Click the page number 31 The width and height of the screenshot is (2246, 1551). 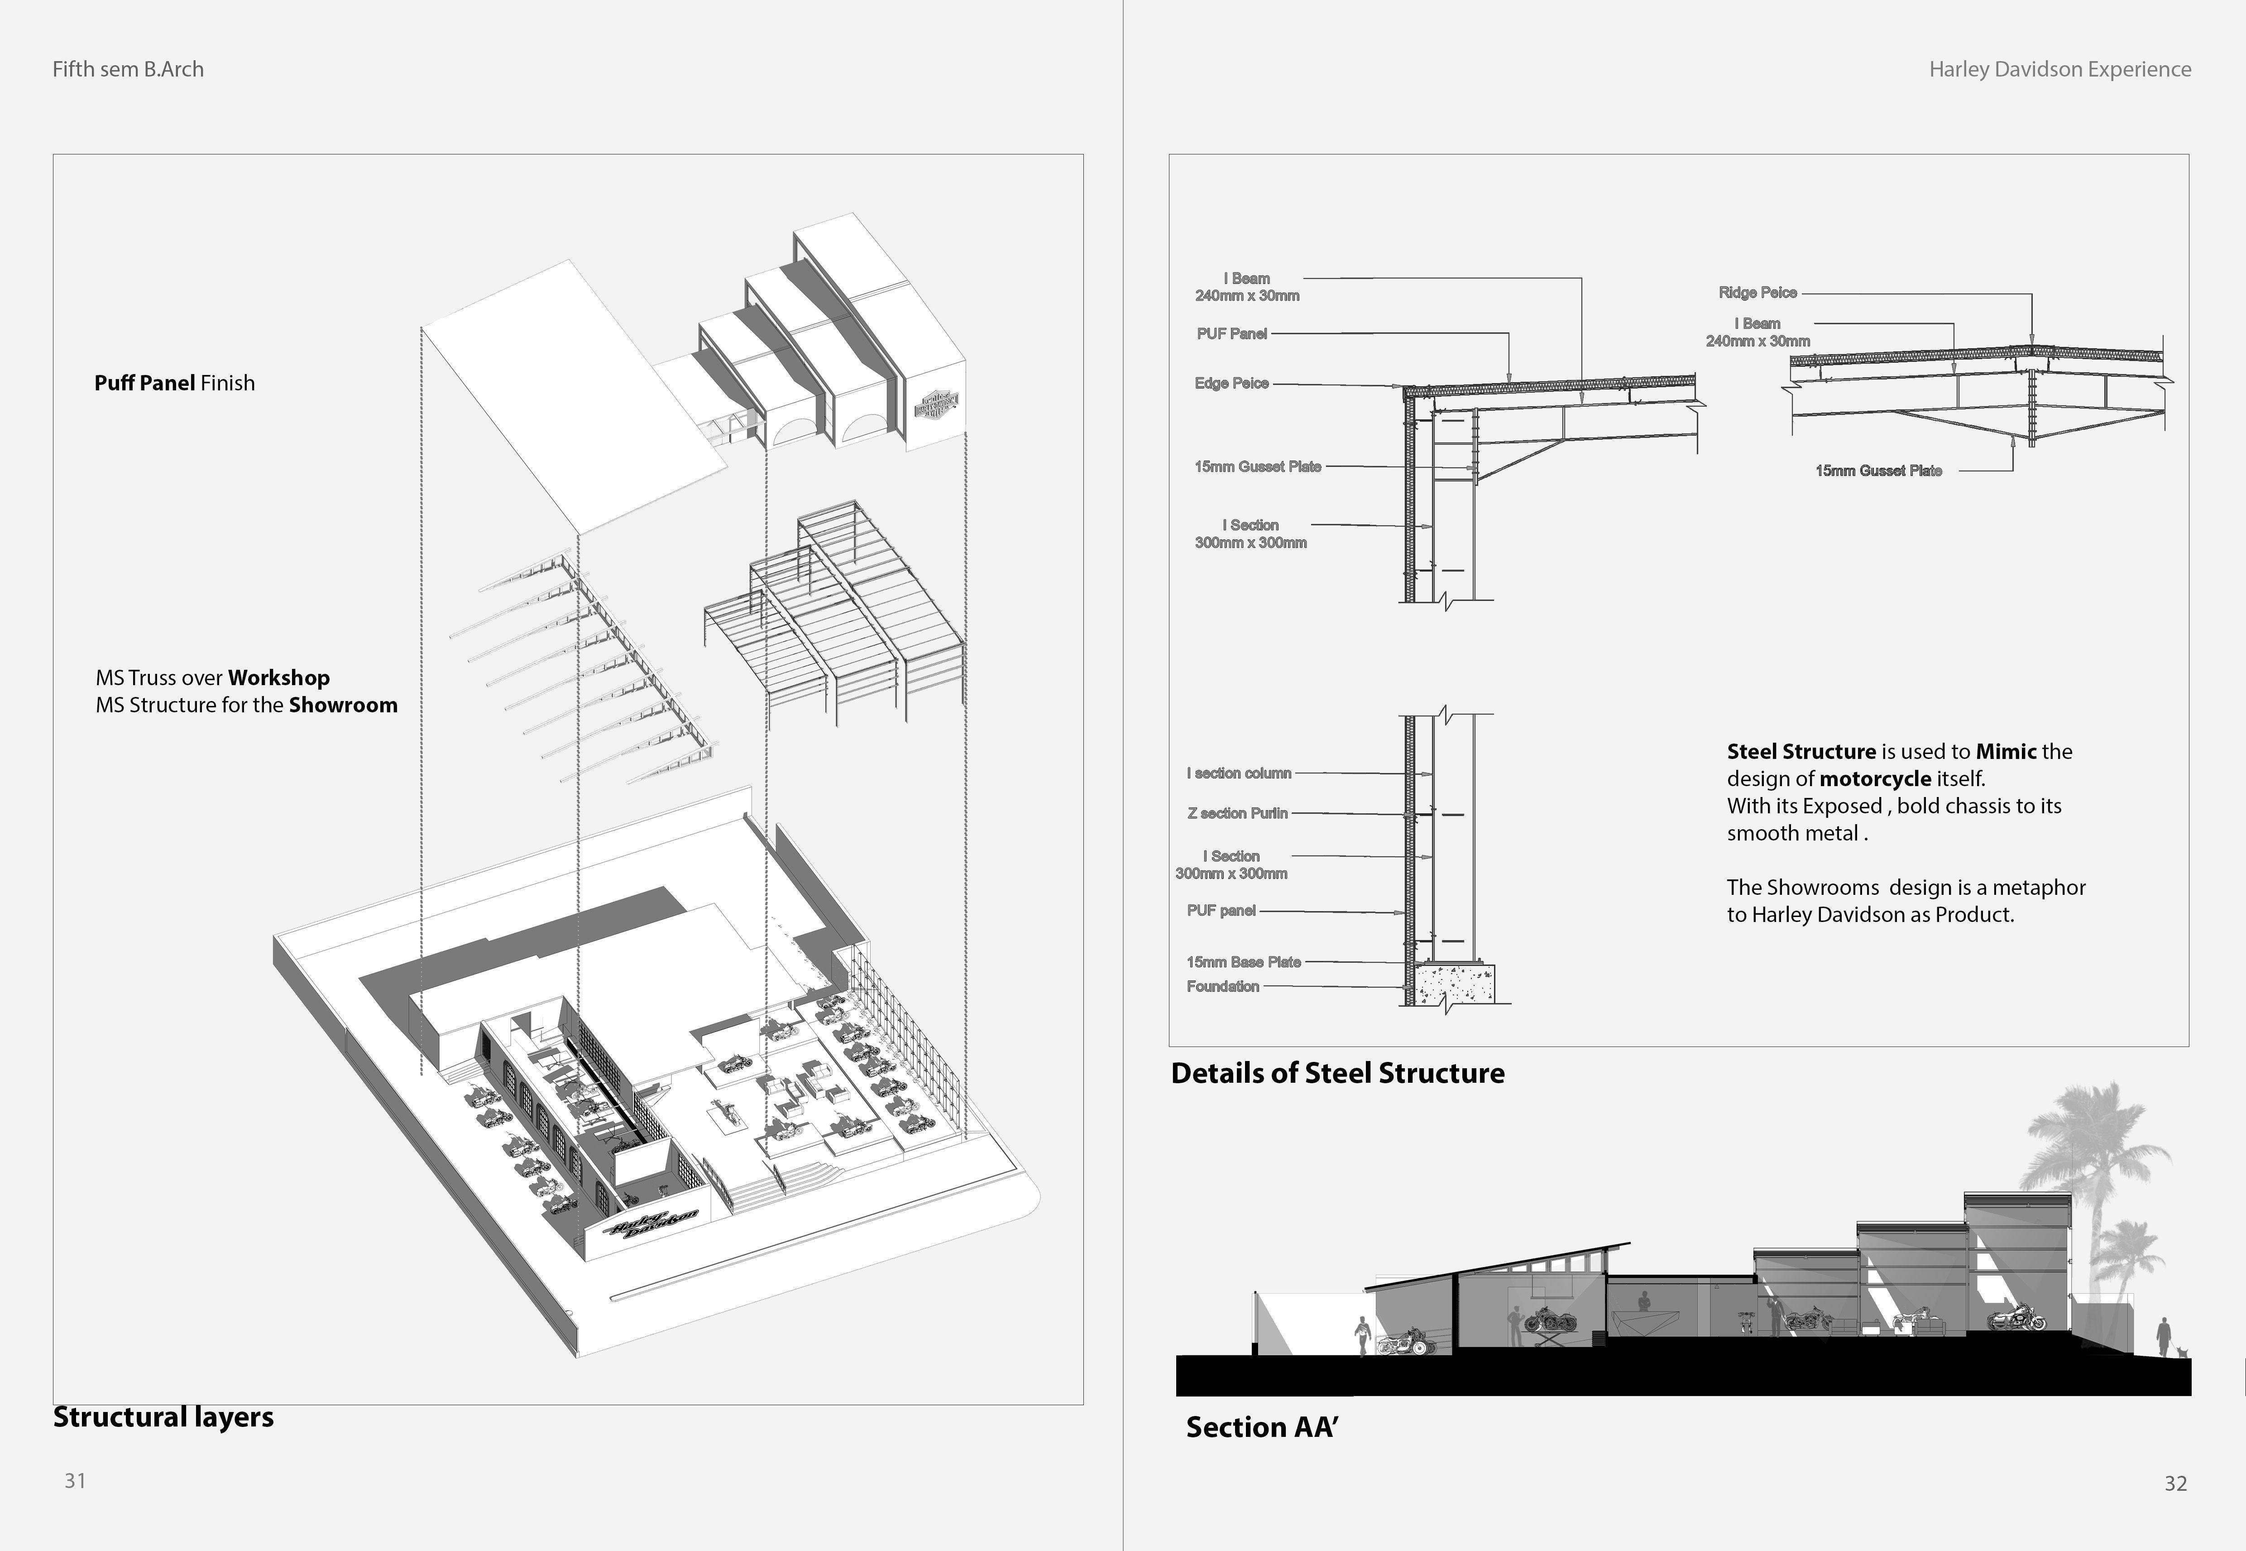[x=75, y=1480]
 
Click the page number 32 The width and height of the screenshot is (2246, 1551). [x=2175, y=1483]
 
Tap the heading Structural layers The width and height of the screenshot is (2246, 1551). [x=163, y=1417]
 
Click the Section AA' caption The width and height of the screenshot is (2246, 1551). [x=1261, y=1426]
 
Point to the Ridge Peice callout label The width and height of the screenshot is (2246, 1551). [x=1758, y=293]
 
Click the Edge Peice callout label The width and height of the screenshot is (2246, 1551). [x=1231, y=383]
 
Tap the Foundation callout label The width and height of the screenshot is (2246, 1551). [x=1222, y=986]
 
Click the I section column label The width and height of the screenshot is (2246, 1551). [x=1239, y=773]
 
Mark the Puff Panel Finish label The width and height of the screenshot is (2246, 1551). [x=174, y=383]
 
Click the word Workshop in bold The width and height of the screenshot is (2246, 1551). [x=279, y=677]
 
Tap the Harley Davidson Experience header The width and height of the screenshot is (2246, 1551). [x=2059, y=69]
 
